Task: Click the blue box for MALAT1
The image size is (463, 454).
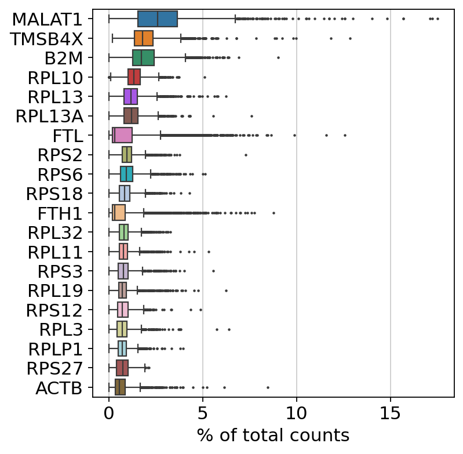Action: pyautogui.click(x=158, y=19)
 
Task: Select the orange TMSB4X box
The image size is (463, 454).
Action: pyautogui.click(x=144, y=38)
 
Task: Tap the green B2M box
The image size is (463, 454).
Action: pyautogui.click(x=143, y=58)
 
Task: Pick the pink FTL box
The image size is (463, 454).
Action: pyautogui.click(x=122, y=135)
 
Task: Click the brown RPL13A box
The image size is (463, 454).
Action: pyautogui.click(x=131, y=116)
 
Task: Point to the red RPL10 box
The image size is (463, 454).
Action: pyautogui.click(x=134, y=77)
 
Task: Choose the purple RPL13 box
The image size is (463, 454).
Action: pyautogui.click(x=130, y=96)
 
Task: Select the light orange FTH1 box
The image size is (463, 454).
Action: pyautogui.click(x=119, y=213)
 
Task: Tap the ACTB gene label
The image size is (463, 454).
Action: pyautogui.click(x=60, y=388)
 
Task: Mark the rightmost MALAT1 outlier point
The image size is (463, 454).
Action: pyautogui.click(x=438, y=19)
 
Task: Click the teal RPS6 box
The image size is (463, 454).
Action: pyautogui.click(x=126, y=174)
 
